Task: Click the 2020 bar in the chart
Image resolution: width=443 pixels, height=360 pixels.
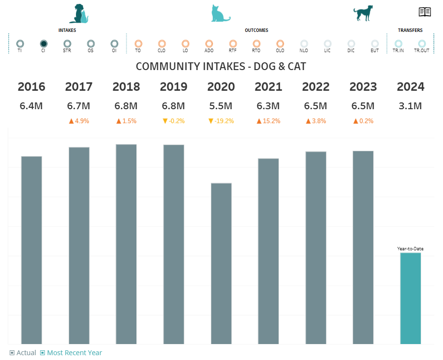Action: pyautogui.click(x=221, y=263)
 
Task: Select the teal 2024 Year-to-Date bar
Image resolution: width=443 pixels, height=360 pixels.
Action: pyautogui.click(x=410, y=298)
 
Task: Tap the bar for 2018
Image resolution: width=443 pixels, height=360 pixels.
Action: pyautogui.click(x=126, y=244)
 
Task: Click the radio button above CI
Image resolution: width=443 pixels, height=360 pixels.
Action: pyautogui.click(x=44, y=43)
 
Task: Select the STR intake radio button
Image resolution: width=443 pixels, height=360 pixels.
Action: pyautogui.click(x=67, y=43)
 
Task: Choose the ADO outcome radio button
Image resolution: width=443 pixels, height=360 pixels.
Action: pyautogui.click(x=209, y=43)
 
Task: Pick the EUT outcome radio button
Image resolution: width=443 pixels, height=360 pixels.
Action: pyautogui.click(x=375, y=43)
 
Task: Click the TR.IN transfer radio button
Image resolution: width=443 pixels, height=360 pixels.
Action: pyautogui.click(x=399, y=43)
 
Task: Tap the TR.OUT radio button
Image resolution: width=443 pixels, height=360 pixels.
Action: pyautogui.click(x=422, y=43)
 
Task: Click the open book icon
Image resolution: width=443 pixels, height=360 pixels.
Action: pyautogui.click(x=425, y=12)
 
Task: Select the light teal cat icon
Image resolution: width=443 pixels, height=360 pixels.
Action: pyautogui.click(x=220, y=14)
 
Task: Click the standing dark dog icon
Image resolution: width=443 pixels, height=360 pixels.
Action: pyautogui.click(x=363, y=14)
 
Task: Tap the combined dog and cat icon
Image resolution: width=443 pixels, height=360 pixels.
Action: pyautogui.click(x=79, y=14)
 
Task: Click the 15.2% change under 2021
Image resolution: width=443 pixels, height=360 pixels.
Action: pyautogui.click(x=268, y=121)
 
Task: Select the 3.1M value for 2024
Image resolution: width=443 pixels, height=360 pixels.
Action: pyautogui.click(x=411, y=106)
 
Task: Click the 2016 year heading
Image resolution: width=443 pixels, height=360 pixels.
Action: pyautogui.click(x=31, y=87)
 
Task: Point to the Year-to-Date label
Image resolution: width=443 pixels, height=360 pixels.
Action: pyautogui.click(x=410, y=248)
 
